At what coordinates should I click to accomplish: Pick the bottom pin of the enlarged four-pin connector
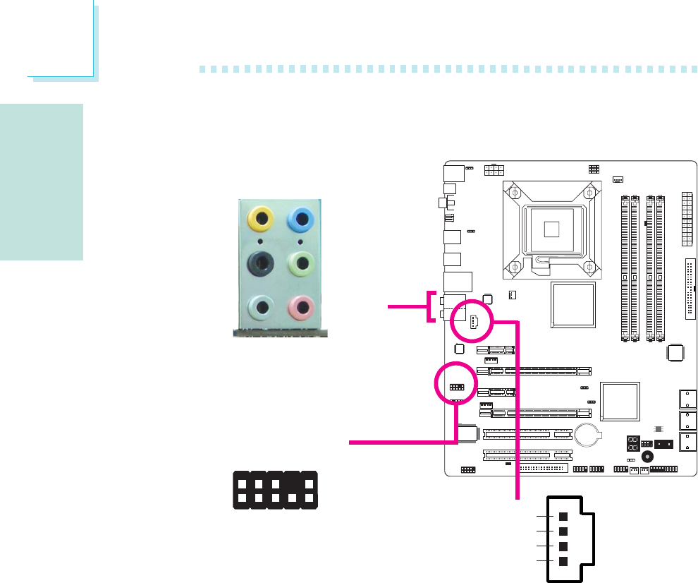tap(563, 562)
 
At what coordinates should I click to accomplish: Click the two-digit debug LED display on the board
tap(632, 444)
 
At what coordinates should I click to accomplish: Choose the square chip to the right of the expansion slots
tap(619, 403)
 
